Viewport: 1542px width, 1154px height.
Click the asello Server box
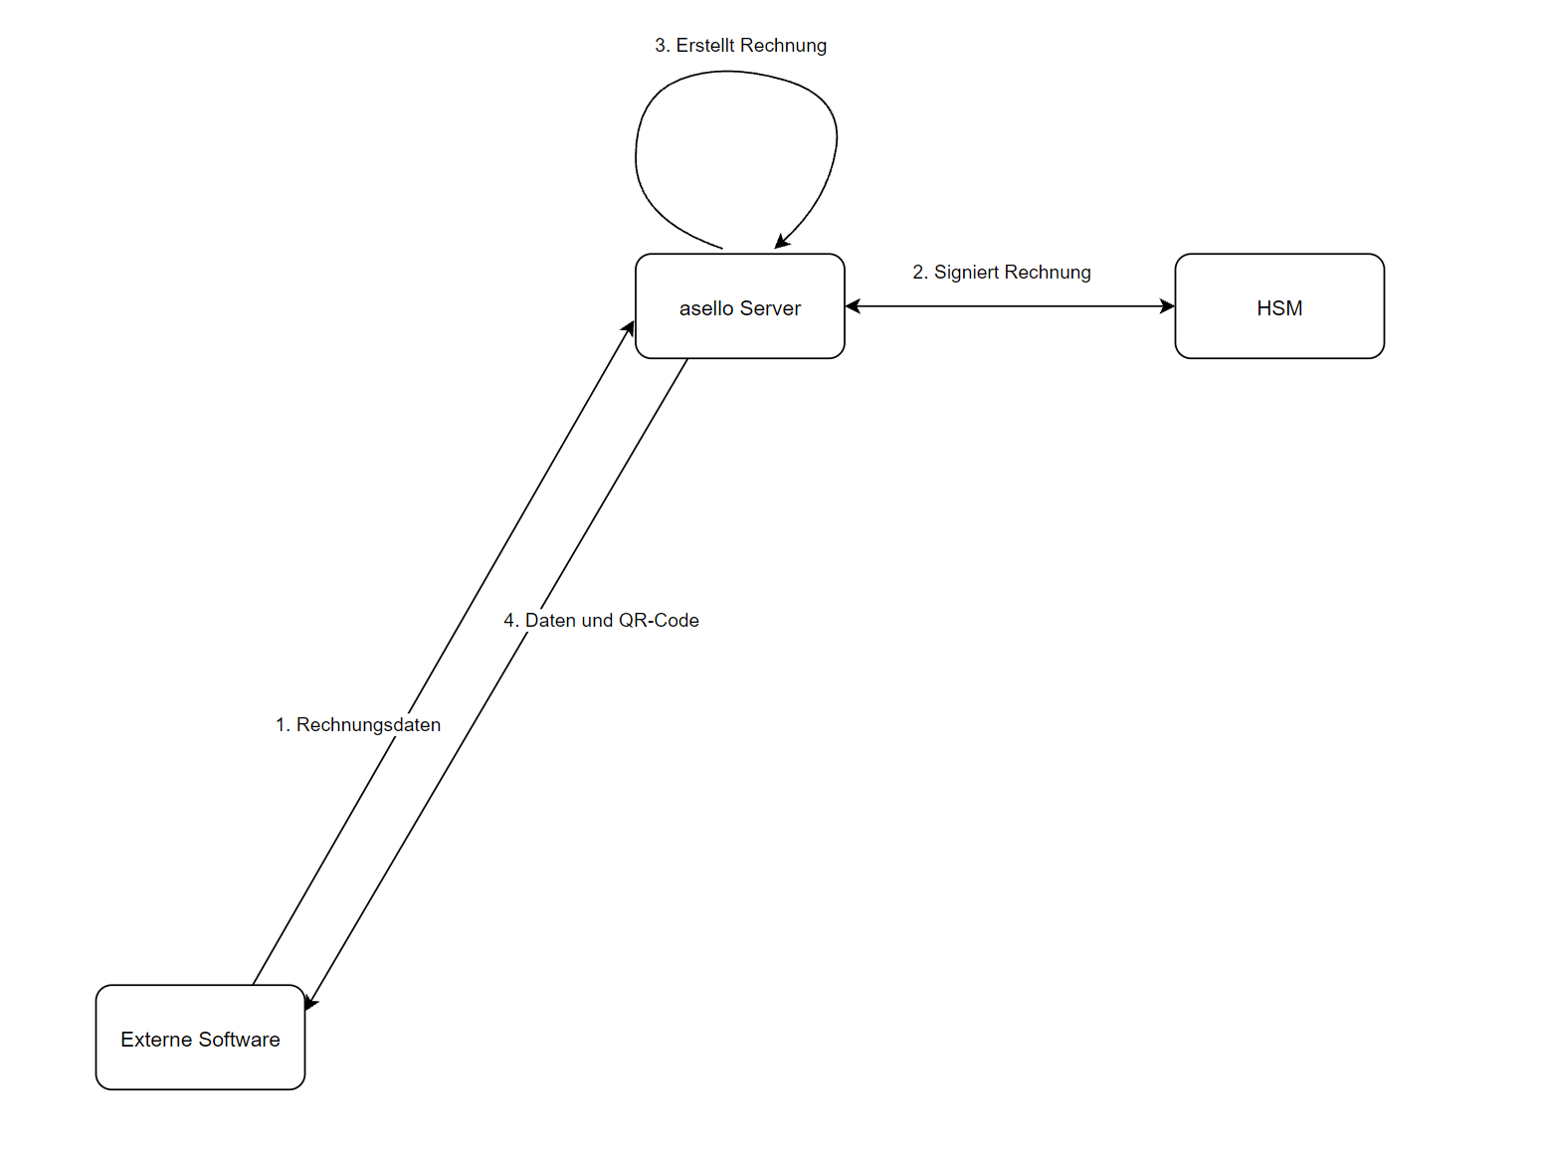(x=739, y=306)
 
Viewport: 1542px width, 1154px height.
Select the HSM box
(x=1279, y=306)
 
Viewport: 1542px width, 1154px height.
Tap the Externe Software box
(x=200, y=1038)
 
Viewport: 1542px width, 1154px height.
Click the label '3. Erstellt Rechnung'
(x=740, y=46)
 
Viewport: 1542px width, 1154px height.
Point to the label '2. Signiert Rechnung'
(x=1001, y=273)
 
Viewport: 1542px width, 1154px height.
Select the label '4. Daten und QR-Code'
(x=601, y=621)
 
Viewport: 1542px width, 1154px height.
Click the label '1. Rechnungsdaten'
(x=358, y=725)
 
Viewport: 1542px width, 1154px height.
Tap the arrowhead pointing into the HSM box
(x=1167, y=306)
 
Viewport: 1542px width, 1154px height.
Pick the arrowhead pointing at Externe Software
(x=310, y=1002)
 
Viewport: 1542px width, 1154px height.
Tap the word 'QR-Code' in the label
(x=659, y=621)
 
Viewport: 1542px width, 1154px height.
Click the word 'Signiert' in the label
(x=967, y=273)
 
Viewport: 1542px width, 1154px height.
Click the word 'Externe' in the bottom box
(x=155, y=1040)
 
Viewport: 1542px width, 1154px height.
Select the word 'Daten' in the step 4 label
(x=550, y=621)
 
